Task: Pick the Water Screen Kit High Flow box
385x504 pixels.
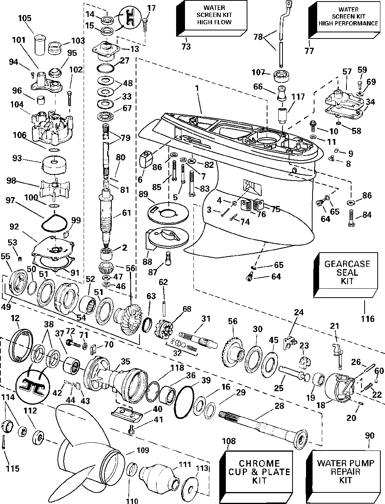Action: coord(212,18)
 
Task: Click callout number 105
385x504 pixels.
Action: coord(25,18)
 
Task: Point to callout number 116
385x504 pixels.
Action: coord(368,319)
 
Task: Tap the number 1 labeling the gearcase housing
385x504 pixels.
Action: coord(197,88)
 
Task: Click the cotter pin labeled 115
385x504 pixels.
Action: coord(4,442)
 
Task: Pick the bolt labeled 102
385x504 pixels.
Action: coord(70,98)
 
